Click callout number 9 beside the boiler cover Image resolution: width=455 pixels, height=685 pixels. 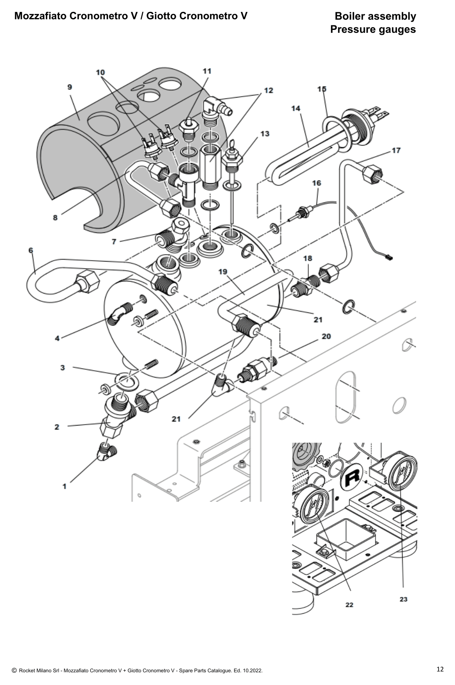[x=70, y=87]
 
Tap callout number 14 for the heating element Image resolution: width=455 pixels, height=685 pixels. [x=296, y=108]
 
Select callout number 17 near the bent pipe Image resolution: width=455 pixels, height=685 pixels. [x=396, y=150]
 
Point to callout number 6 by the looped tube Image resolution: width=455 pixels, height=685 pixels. [x=31, y=250]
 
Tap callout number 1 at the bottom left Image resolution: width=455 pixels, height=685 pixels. [x=64, y=486]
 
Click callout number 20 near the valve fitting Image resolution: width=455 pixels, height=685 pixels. [x=326, y=337]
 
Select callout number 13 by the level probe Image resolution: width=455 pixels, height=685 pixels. [x=265, y=134]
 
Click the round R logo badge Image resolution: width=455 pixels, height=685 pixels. [x=352, y=477]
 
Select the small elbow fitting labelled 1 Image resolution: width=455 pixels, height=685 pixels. [x=107, y=452]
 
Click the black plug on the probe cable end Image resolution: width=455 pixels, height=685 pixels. [x=388, y=257]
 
